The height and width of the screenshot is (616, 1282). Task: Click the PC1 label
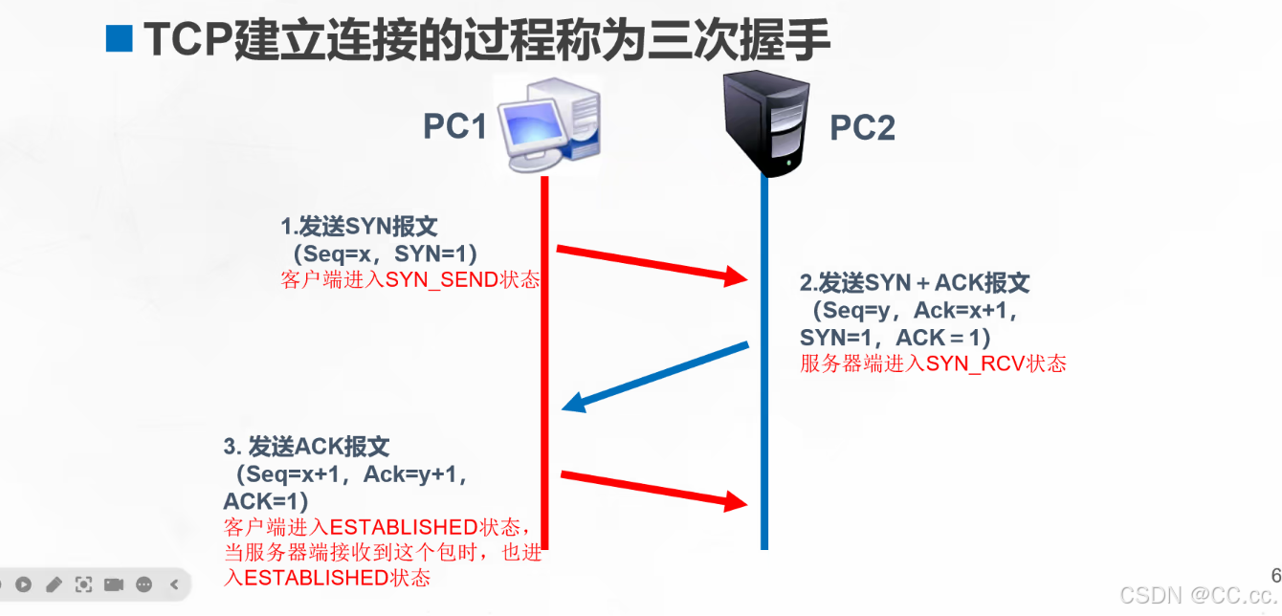pos(454,126)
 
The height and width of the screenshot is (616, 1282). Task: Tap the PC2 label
pos(862,127)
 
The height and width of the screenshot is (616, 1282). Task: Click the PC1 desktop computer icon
pos(547,127)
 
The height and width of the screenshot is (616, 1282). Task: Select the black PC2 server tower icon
pos(766,123)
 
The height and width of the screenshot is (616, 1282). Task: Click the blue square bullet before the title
pos(119,39)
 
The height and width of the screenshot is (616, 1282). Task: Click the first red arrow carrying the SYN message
pos(651,264)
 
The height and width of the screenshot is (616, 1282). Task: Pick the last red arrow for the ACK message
pos(653,488)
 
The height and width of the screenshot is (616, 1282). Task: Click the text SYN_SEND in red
pos(441,280)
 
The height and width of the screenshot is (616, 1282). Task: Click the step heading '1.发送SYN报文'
pos(359,227)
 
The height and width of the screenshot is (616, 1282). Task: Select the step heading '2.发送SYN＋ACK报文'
pos(915,283)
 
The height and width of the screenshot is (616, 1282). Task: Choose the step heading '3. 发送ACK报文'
pos(306,447)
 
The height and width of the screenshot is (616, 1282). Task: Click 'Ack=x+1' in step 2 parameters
pos(963,311)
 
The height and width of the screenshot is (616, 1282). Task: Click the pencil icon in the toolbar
pos(54,583)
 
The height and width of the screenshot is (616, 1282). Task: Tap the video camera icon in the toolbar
pos(114,583)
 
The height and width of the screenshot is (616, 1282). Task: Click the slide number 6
pos(1275,575)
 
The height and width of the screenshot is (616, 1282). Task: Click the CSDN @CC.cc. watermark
pos(1198,595)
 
